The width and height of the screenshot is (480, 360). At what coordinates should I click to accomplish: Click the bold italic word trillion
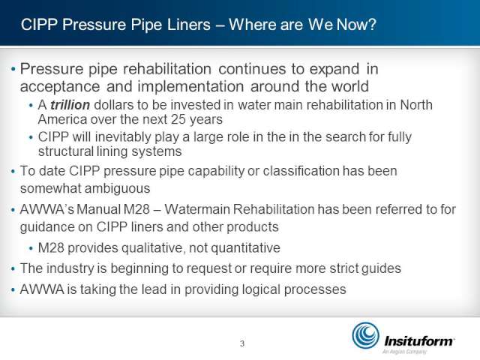click(x=70, y=105)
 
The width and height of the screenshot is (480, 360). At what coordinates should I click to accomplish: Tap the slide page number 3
click(x=242, y=343)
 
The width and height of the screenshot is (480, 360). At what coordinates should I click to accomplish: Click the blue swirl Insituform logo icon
click(x=365, y=335)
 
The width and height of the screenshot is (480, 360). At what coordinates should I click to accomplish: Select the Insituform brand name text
click(x=419, y=340)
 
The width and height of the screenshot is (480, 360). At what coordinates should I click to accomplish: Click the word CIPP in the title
click(x=39, y=25)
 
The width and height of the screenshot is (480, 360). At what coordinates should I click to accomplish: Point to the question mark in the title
click(x=372, y=25)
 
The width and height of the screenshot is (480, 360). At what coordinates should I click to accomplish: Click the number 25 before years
click(x=178, y=119)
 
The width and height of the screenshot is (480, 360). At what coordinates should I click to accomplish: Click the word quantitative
click(x=245, y=248)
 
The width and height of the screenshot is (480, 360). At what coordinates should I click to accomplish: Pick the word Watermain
click(x=197, y=209)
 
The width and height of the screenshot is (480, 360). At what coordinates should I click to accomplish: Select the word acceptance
click(x=60, y=87)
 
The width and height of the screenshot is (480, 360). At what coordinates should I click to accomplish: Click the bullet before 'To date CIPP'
click(x=13, y=172)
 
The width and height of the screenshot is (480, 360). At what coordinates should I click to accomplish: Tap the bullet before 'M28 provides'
click(x=31, y=248)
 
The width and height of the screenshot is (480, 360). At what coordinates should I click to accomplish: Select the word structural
click(x=65, y=151)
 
